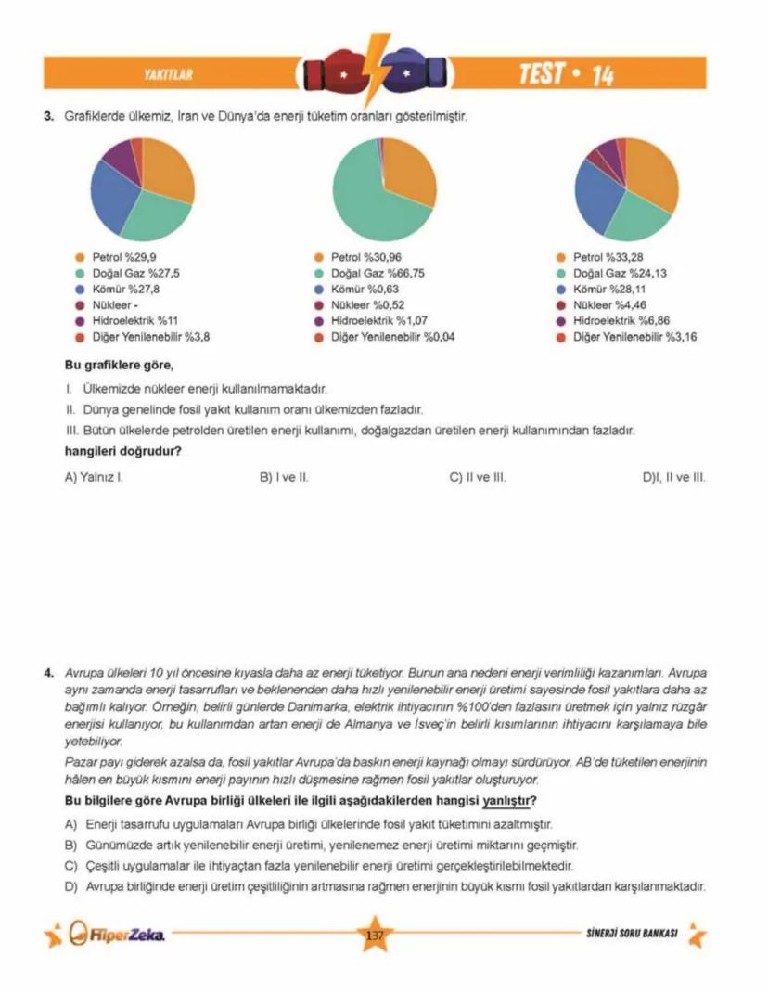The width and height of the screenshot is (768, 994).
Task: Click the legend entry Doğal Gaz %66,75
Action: click(378, 274)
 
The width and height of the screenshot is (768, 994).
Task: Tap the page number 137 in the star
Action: click(376, 935)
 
